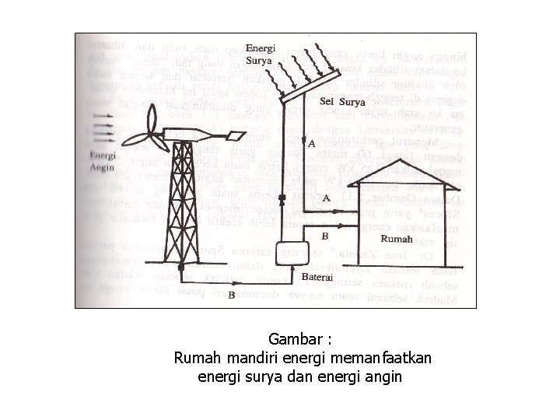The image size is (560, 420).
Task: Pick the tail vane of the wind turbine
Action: point(234,137)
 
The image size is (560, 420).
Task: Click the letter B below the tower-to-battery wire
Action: point(231,296)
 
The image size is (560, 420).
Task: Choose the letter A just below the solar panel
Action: point(312,145)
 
